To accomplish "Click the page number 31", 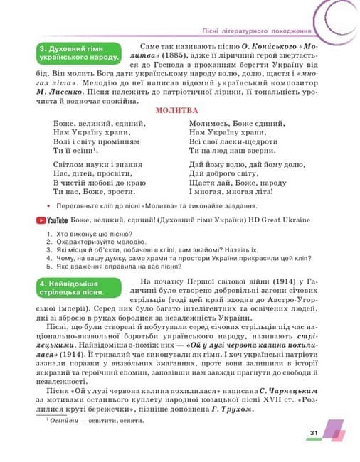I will click(x=314, y=432).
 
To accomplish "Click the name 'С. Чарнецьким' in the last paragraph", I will click(x=297, y=390).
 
